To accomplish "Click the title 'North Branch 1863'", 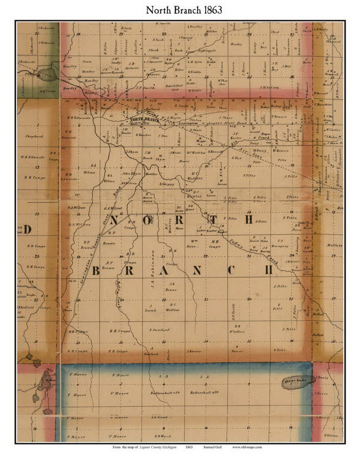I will pyautogui.click(x=184, y=10).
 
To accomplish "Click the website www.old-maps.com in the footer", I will pyautogui.click(x=247, y=447).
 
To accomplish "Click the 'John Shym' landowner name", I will pyautogui.click(x=129, y=173).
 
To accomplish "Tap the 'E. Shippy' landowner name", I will pyautogui.click(x=167, y=184).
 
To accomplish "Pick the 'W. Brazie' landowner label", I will pyautogui.click(x=279, y=151).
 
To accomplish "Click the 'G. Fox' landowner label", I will pyautogui.click(x=236, y=158).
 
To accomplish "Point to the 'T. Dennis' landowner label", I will pyautogui.click(x=279, y=117).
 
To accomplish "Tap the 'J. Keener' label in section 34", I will pyautogui.click(x=194, y=351).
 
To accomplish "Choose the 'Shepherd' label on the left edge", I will pyautogui.click(x=35, y=136).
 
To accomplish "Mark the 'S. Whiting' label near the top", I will pyautogui.click(x=269, y=87).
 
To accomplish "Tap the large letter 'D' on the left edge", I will pyautogui.click(x=27, y=229).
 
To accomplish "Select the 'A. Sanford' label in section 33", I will pyautogui.click(x=159, y=330).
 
